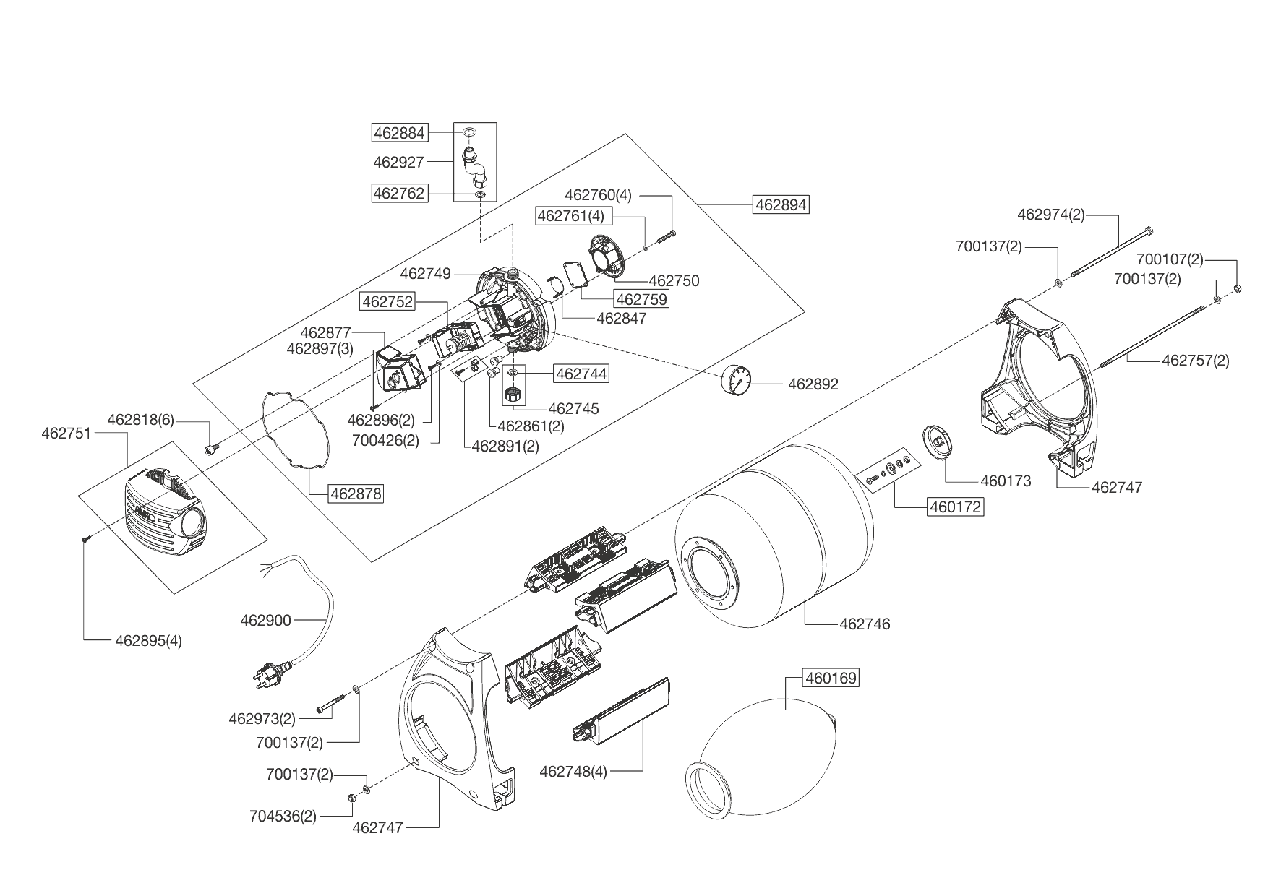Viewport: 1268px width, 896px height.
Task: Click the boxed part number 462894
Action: (x=780, y=204)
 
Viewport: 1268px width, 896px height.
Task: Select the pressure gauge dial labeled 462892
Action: (x=737, y=380)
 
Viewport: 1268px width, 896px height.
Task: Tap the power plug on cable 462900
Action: (x=268, y=673)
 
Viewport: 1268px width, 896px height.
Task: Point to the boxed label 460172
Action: (x=955, y=507)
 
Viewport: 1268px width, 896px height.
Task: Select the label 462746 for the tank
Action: (x=865, y=624)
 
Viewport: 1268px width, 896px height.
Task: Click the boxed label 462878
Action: (x=355, y=494)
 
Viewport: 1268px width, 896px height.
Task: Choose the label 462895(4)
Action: (x=148, y=640)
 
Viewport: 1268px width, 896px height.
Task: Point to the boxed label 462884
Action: (x=399, y=133)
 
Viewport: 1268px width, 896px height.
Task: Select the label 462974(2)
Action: (x=1050, y=214)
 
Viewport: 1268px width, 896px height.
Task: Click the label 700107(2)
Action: (x=1170, y=259)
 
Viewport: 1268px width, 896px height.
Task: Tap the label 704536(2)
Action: (x=283, y=817)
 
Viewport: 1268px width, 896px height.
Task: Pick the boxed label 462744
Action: (x=581, y=374)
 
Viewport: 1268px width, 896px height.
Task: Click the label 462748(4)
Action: (x=573, y=772)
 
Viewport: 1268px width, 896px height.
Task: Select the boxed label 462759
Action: (x=641, y=298)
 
